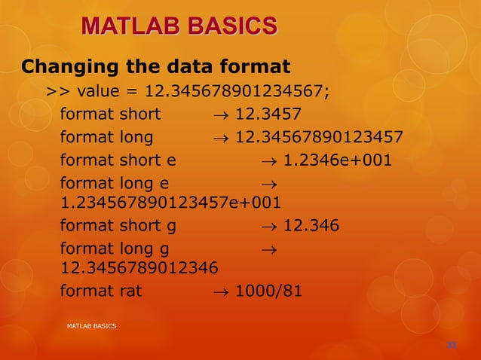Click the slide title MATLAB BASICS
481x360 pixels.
(x=179, y=27)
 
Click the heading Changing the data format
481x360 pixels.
(x=156, y=66)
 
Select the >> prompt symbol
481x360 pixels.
(x=57, y=91)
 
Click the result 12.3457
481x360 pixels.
(x=268, y=114)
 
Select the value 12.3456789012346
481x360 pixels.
(x=139, y=266)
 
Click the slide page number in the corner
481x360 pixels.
(x=452, y=345)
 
